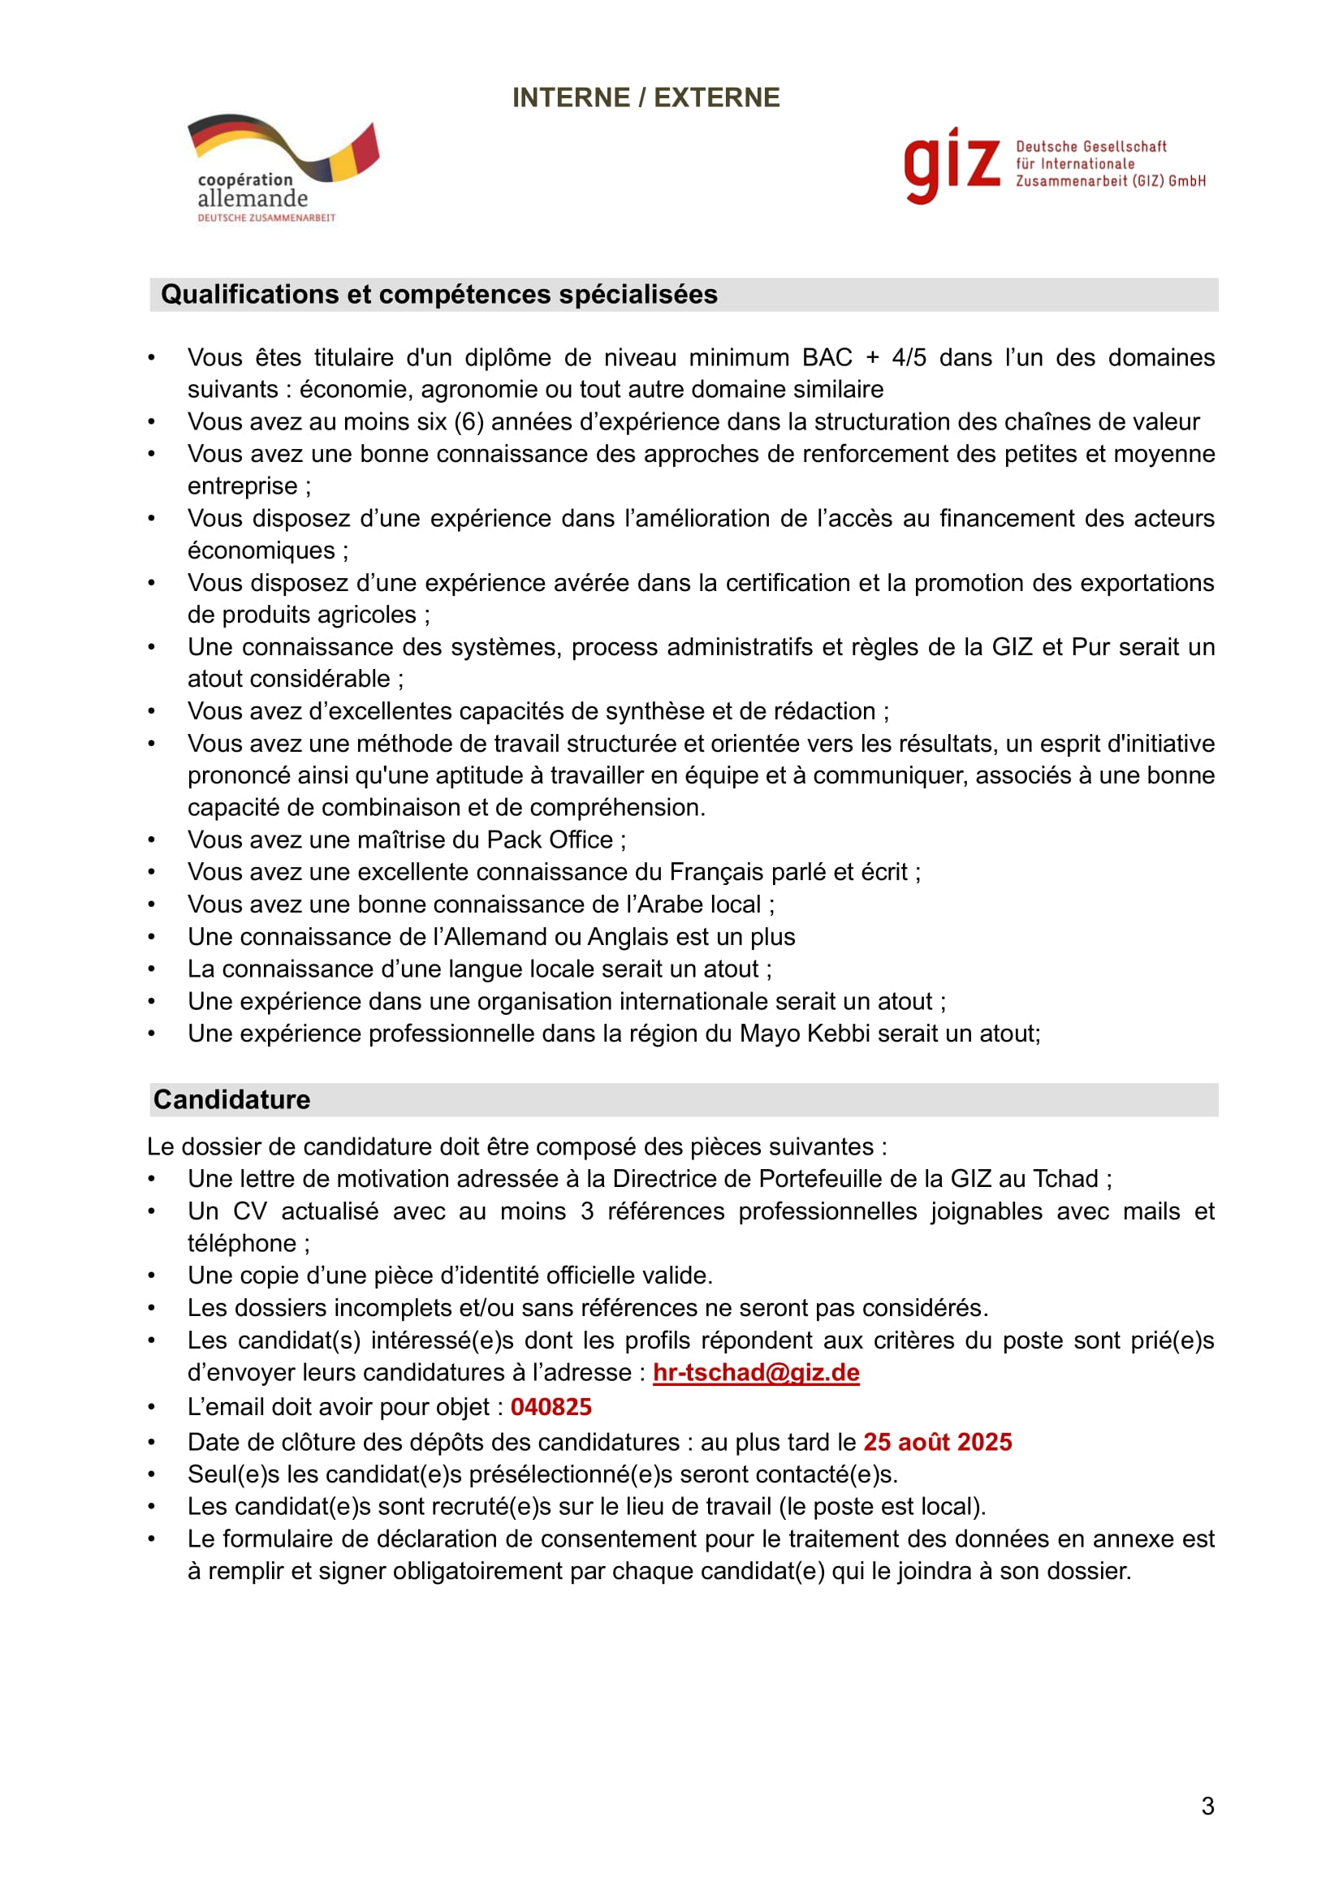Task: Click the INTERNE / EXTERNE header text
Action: pos(645,97)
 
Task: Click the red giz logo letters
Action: pos(951,164)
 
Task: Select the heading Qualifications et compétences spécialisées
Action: pos(438,295)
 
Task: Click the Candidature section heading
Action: pos(231,1099)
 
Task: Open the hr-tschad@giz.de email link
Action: pos(756,1372)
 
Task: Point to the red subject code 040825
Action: pos(551,1407)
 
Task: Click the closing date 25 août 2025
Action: pos(937,1442)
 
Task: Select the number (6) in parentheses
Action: pos(469,422)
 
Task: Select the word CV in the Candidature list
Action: pos(250,1211)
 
